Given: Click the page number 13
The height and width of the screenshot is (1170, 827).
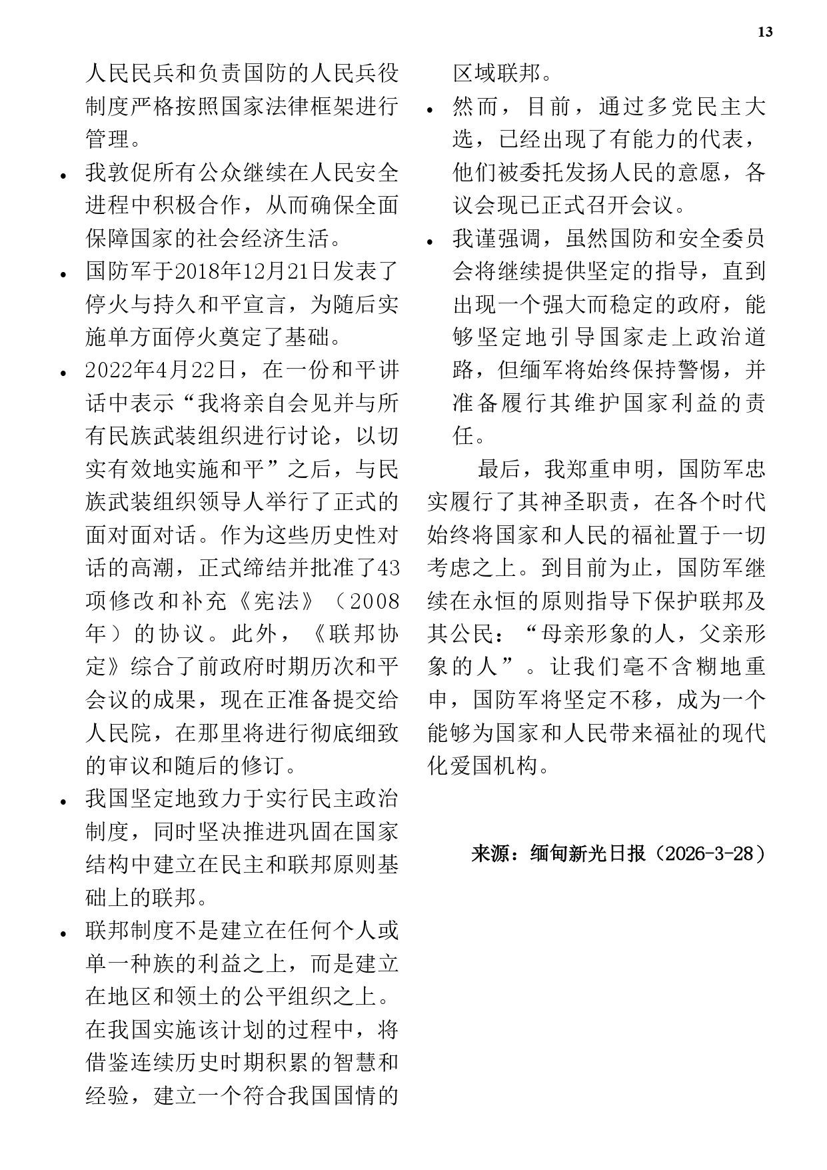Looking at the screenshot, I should (765, 32).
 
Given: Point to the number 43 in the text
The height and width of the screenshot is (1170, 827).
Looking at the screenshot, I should (388, 568).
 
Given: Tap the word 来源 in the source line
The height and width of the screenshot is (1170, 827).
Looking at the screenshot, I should (488, 854).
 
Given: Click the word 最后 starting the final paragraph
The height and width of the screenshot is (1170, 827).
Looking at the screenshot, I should (498, 469).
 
